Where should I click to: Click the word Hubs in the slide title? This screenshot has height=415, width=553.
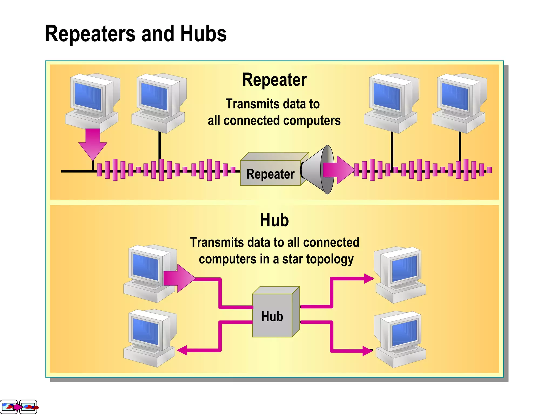(203, 34)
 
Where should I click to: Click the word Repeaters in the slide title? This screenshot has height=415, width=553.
(90, 34)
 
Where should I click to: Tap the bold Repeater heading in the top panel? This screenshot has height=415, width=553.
(274, 80)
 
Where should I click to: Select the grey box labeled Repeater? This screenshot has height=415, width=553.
(270, 173)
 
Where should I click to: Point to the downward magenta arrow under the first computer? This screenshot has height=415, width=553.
(93, 144)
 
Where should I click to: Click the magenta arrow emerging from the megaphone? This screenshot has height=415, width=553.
(339, 170)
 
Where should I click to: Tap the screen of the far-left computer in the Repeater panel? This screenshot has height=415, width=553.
(88, 96)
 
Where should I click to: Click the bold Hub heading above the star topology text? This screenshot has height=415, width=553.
(274, 220)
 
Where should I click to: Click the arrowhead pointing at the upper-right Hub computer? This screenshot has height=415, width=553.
(369, 278)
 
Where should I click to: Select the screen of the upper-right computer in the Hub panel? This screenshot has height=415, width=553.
(404, 267)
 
